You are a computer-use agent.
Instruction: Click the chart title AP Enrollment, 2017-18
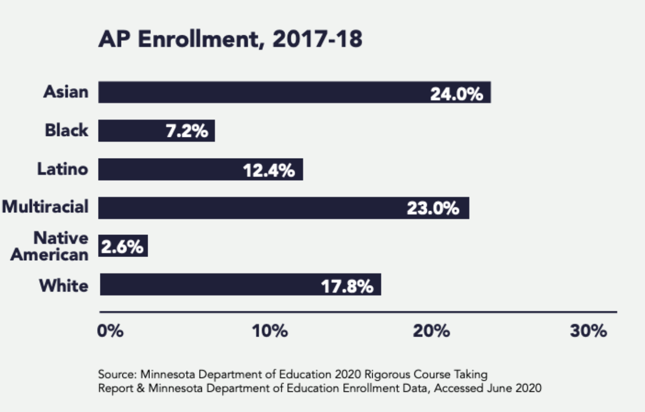pyautogui.click(x=230, y=39)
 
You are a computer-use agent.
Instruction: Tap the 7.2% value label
pyautogui.click(x=187, y=131)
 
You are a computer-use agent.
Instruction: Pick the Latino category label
pyautogui.click(x=62, y=169)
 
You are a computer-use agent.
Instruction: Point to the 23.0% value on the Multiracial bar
pyautogui.click(x=433, y=208)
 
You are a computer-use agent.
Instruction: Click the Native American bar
pyautogui.click(x=123, y=246)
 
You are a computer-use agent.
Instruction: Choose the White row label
pyautogui.click(x=64, y=286)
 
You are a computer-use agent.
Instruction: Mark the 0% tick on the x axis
pyautogui.click(x=110, y=331)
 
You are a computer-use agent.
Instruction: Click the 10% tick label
pyautogui.click(x=270, y=331)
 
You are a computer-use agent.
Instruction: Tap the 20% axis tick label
pyautogui.click(x=431, y=331)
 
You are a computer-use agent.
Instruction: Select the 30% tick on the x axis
pyautogui.click(x=588, y=331)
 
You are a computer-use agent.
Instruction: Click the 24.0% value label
pyautogui.click(x=456, y=94)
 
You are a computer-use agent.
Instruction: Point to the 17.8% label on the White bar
pyautogui.click(x=347, y=286)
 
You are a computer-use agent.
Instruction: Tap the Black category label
pyautogui.click(x=66, y=130)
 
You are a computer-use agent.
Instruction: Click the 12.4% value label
pyautogui.click(x=269, y=170)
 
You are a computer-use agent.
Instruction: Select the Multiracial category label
pyautogui.click(x=45, y=206)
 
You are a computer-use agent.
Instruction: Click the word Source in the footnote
pyautogui.click(x=117, y=375)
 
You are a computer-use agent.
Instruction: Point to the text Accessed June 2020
pyautogui.click(x=487, y=388)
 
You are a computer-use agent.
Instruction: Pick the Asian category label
pyautogui.click(x=66, y=92)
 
